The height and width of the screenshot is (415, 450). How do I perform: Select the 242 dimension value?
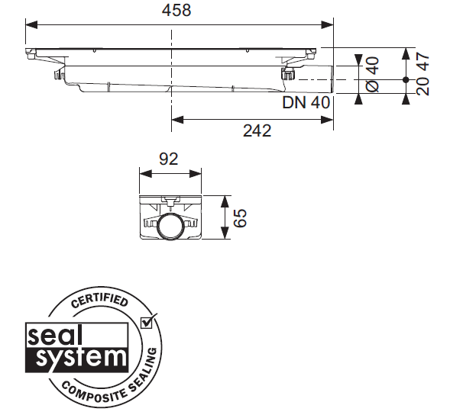coord(257,130)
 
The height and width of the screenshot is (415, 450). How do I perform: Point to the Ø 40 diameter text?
coord(372,75)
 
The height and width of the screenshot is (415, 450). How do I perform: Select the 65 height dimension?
coord(240,218)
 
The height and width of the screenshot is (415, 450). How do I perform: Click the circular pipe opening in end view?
coord(169,227)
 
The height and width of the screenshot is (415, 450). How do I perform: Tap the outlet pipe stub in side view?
coord(317,79)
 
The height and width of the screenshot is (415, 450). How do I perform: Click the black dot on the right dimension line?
coord(405,79)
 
